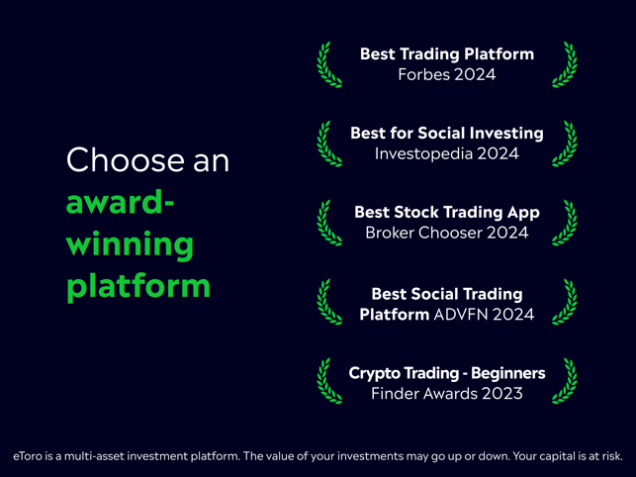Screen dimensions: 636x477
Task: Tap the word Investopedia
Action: pyautogui.click(x=423, y=153)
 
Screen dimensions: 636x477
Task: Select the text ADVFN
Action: pyautogui.click(x=456, y=315)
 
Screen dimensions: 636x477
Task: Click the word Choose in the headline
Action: pyautogui.click(x=125, y=159)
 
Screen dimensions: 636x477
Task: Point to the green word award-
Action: pyautogui.click(x=120, y=202)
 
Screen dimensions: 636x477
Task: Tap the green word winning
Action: pyautogui.click(x=130, y=244)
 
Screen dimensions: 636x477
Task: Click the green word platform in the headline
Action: pyautogui.click(x=138, y=285)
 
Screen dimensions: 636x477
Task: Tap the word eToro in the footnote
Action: pyautogui.click(x=28, y=456)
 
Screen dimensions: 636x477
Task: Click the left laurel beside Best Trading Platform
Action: pyautogui.click(x=327, y=65)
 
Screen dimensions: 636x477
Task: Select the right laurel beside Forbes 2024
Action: pyautogui.click(x=566, y=65)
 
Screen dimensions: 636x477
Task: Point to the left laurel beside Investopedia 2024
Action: pyautogui.click(x=327, y=144)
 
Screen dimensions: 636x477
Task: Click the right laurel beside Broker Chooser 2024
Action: pyautogui.click(x=566, y=224)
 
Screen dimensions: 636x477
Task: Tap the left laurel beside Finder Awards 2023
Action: pyautogui.click(x=327, y=381)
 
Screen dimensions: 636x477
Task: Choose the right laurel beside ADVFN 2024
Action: pyautogui.click(x=566, y=302)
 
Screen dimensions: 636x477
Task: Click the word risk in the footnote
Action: pyautogui.click(x=612, y=456)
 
